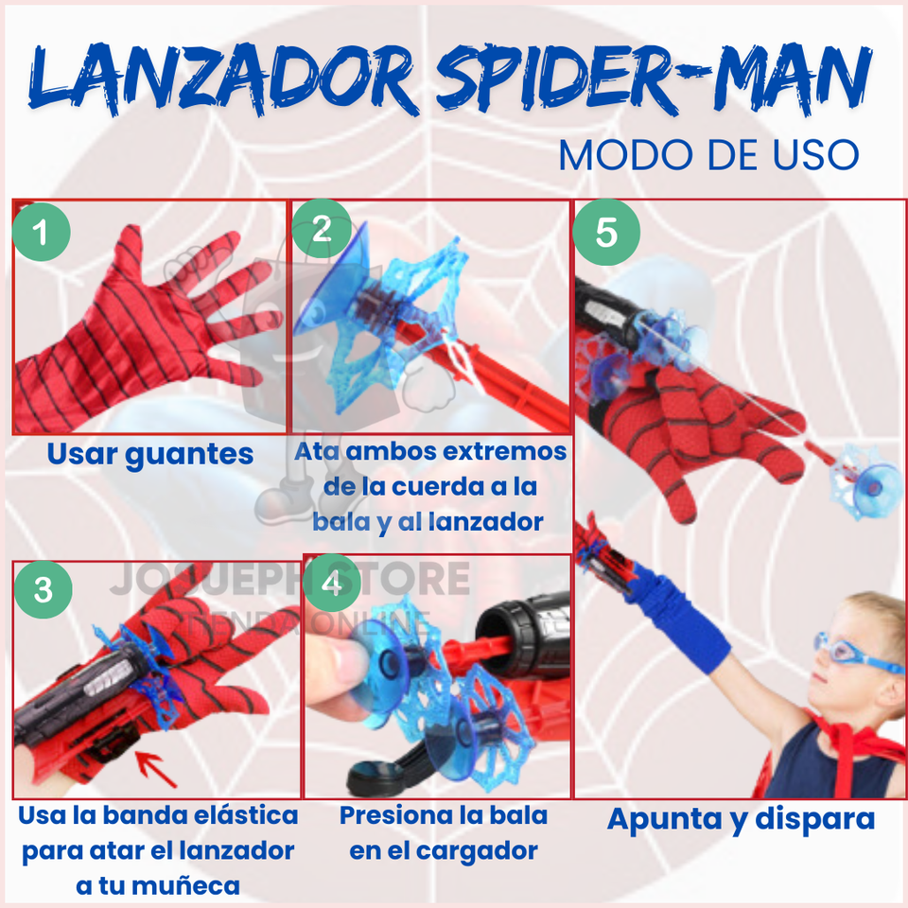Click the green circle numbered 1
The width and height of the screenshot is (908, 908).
(41, 232)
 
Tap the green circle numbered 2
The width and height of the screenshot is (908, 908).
(322, 229)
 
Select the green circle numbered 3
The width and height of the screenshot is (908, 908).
(44, 589)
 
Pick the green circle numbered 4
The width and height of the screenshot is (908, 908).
(332, 584)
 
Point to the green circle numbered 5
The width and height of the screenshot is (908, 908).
(606, 233)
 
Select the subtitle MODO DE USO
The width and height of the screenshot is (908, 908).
(708, 155)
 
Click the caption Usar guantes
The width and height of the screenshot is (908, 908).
(150, 454)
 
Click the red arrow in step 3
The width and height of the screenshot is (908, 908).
(155, 769)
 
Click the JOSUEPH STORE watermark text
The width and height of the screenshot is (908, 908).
(289, 578)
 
